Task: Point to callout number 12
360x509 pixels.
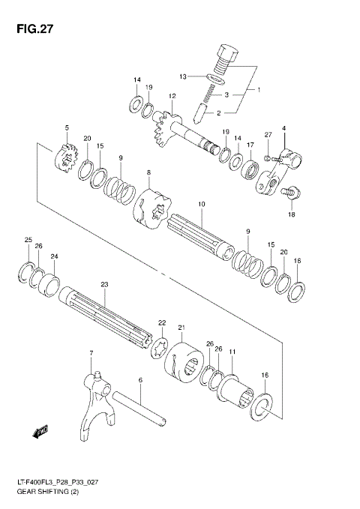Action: pyautogui.click(x=172, y=96)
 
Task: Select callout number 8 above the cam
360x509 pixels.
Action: pyautogui.click(x=148, y=173)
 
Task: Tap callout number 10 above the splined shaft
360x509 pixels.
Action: pyautogui.click(x=201, y=204)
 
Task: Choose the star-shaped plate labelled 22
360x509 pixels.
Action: pyautogui.click(x=159, y=349)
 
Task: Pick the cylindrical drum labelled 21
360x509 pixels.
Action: pyautogui.click(x=184, y=362)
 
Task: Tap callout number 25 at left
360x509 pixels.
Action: pyautogui.click(x=28, y=240)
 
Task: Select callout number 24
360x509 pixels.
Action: pyautogui.click(x=54, y=256)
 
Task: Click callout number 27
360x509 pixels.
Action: pyautogui.click(x=267, y=134)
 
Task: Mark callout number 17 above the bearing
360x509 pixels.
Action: pyautogui.click(x=250, y=144)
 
